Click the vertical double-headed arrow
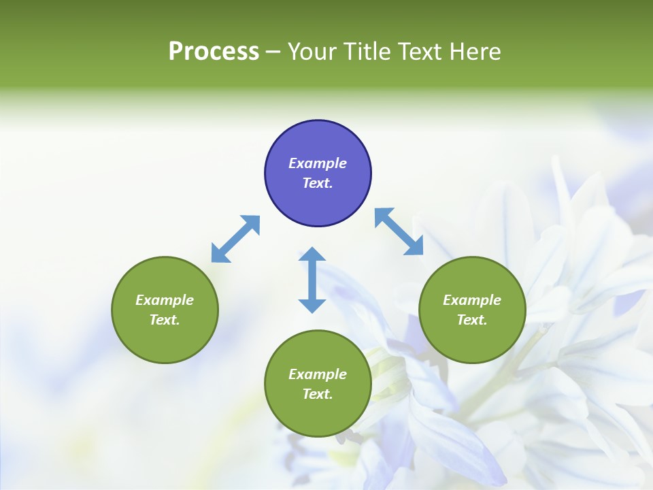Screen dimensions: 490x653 [312, 280]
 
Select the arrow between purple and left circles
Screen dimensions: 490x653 [235, 239]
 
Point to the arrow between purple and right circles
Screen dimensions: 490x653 [399, 232]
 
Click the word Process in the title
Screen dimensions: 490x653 [214, 52]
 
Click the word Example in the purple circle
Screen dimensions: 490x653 [318, 163]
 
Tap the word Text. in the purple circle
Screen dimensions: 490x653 [318, 183]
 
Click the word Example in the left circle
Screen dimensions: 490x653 [165, 300]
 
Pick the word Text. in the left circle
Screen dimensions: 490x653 [165, 320]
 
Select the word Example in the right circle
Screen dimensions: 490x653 [472, 300]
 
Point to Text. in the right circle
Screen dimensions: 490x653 [472, 320]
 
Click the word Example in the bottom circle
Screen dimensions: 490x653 [318, 374]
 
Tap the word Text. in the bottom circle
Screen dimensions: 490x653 [318, 394]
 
